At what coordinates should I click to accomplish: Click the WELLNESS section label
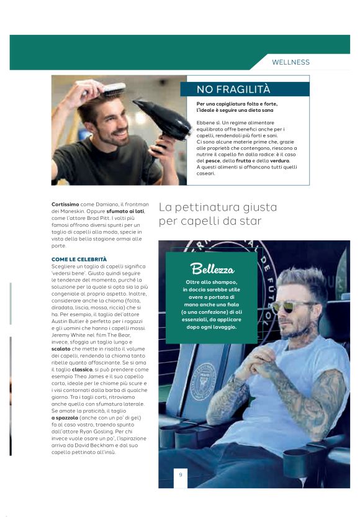(290, 62)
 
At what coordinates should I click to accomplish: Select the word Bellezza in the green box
(212, 269)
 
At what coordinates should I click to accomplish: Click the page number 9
(180, 475)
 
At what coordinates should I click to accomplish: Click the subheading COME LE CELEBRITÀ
(79, 258)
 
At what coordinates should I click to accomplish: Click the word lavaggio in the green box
(222, 327)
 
